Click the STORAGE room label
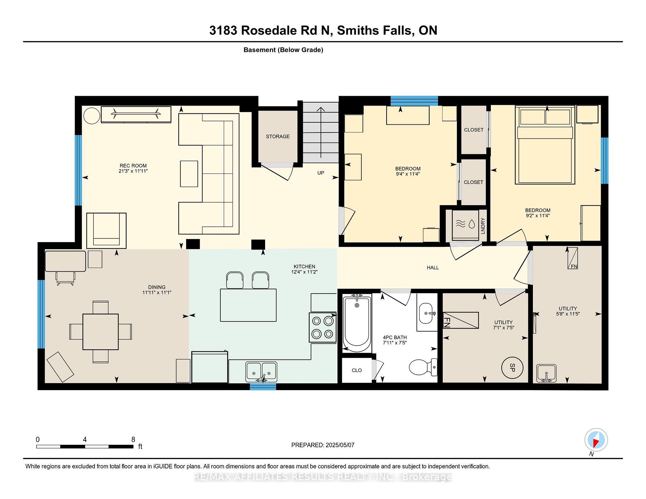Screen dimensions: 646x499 pyautogui.click(x=278, y=137)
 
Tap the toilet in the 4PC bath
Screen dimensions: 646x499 pyautogui.click(x=423, y=367)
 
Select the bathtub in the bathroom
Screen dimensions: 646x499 pyautogui.click(x=357, y=323)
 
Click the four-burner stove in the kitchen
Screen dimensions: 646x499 pyautogui.click(x=323, y=328)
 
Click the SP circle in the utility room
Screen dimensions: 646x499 pyautogui.click(x=512, y=368)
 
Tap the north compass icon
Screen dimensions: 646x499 pyautogui.click(x=596, y=440)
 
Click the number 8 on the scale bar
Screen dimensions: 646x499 pyautogui.click(x=133, y=439)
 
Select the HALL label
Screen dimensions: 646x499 pyautogui.click(x=433, y=268)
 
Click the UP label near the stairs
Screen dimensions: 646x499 pyautogui.click(x=321, y=173)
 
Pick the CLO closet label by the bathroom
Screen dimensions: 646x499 pyautogui.click(x=357, y=370)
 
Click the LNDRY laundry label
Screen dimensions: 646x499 pyautogui.click(x=483, y=226)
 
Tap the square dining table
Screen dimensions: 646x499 pyautogui.click(x=101, y=332)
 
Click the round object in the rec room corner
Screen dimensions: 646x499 pyautogui.click(x=92, y=116)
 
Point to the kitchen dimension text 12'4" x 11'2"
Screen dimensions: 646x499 pyautogui.click(x=304, y=272)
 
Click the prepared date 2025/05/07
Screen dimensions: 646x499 pyautogui.click(x=340, y=445)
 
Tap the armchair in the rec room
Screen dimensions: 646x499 pyautogui.click(x=106, y=230)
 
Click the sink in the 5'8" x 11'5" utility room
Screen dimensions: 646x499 pyautogui.click(x=546, y=373)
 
